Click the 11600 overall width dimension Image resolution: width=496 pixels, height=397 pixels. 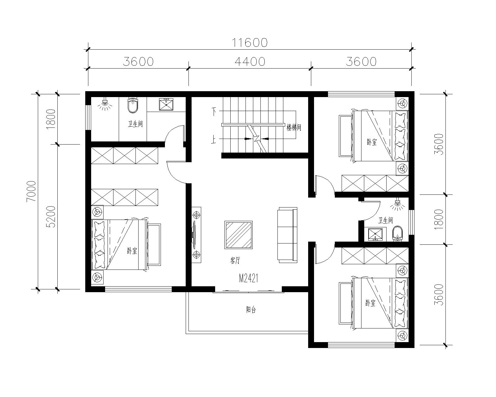(x=250, y=42)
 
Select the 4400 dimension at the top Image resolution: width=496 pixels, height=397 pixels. (x=250, y=61)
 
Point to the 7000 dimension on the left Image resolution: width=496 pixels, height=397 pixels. (x=31, y=191)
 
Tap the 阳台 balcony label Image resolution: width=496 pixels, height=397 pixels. (x=251, y=310)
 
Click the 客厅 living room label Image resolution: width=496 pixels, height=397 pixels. (x=235, y=261)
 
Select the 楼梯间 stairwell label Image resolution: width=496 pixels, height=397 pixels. (x=294, y=127)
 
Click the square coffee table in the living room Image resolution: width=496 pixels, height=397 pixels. (x=238, y=235)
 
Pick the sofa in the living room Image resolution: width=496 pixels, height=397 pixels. (x=287, y=235)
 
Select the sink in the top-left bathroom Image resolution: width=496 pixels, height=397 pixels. (x=167, y=105)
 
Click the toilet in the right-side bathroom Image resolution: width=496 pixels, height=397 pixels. (x=397, y=233)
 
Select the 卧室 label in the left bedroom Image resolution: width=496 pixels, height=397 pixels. (x=132, y=251)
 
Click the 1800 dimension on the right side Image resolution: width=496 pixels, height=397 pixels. (x=439, y=219)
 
